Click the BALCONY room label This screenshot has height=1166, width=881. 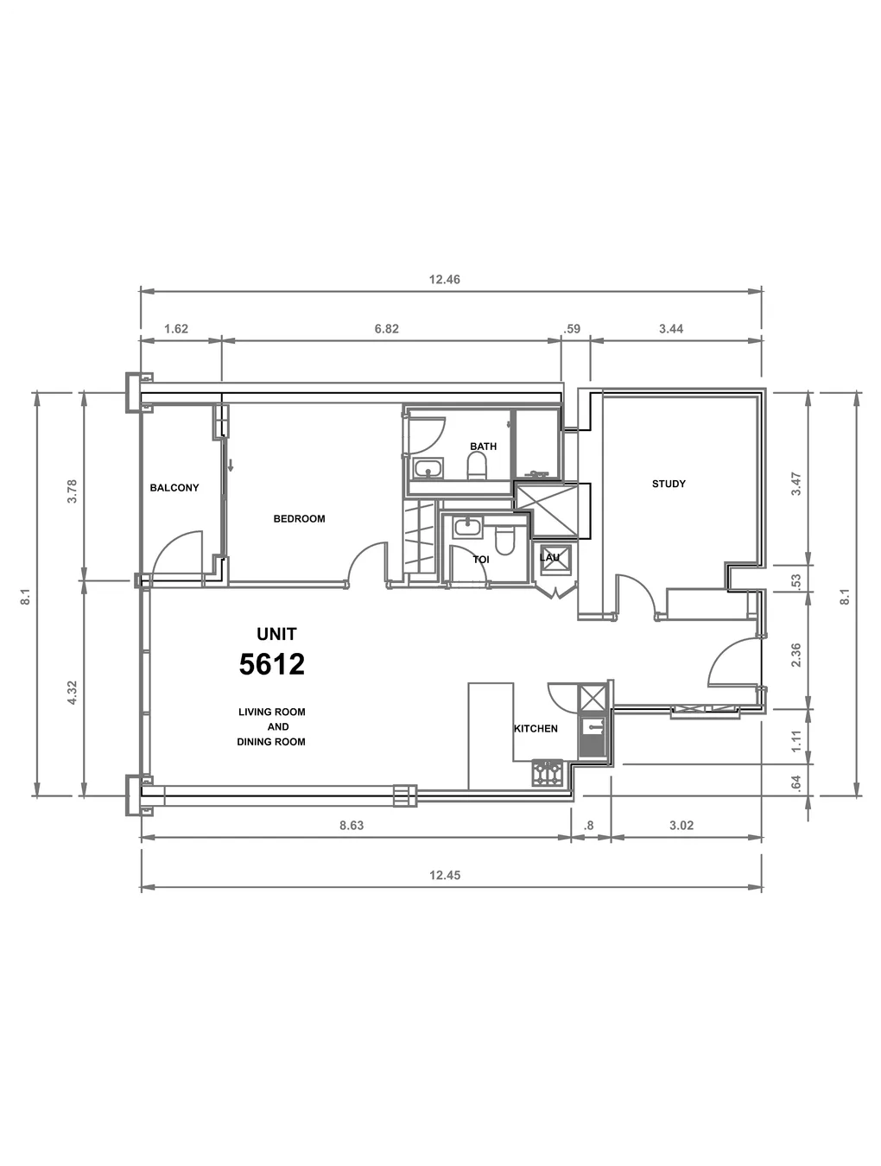(x=174, y=488)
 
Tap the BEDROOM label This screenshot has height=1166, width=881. (x=299, y=518)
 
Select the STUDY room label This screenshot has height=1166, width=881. (x=669, y=484)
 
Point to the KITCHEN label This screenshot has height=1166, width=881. (x=536, y=728)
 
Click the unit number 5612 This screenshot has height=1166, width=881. (x=272, y=664)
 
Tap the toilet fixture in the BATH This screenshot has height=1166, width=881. (x=477, y=467)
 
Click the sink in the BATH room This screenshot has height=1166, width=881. (x=428, y=469)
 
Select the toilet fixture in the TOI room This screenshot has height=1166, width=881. (x=504, y=540)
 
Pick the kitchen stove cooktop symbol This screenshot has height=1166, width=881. (x=548, y=773)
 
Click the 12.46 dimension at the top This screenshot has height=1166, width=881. (x=445, y=280)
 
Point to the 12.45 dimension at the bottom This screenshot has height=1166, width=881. (x=445, y=875)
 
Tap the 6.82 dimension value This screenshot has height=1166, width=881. (x=386, y=329)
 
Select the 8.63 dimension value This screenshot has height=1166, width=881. (x=352, y=825)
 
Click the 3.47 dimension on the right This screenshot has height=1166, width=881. (x=796, y=484)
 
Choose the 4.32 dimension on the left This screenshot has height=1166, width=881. (x=73, y=693)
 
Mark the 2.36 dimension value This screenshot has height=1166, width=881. (x=796, y=655)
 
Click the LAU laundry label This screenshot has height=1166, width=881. (x=549, y=557)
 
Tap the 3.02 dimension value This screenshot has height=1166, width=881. (x=681, y=825)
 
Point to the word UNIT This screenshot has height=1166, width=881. (x=276, y=634)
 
